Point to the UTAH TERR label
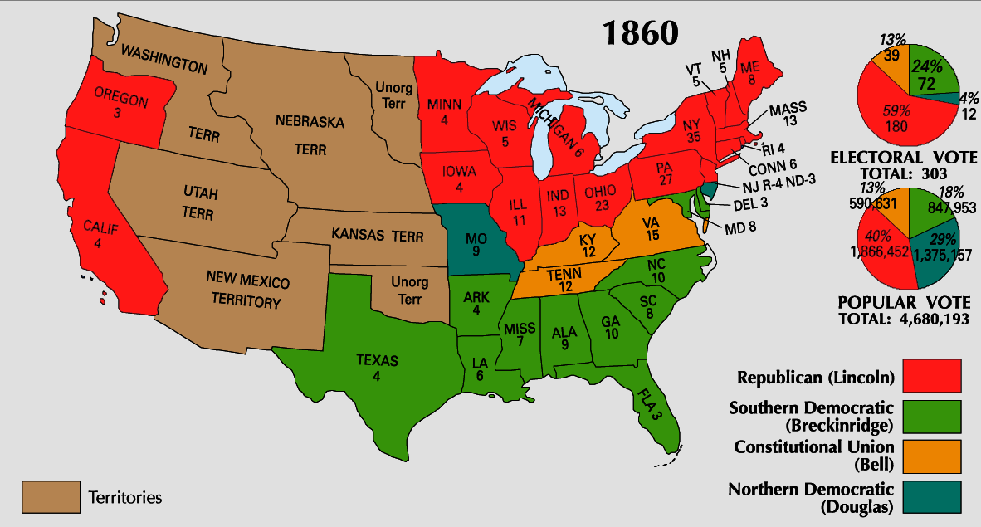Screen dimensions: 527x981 click(201, 203)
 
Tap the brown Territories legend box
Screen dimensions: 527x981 click(51, 498)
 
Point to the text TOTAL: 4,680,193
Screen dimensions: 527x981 click(903, 318)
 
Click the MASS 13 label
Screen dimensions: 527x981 click(788, 115)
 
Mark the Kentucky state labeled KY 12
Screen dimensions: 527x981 click(588, 246)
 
